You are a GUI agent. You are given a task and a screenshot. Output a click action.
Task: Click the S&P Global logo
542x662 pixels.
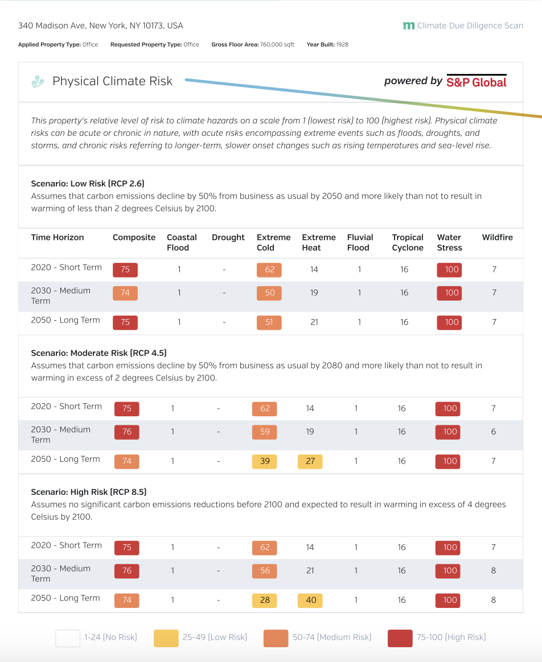coord(476,81)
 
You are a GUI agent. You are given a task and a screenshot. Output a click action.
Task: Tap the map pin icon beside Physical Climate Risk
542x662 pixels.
coord(38,82)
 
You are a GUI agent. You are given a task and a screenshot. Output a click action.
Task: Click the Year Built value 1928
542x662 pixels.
coord(342,44)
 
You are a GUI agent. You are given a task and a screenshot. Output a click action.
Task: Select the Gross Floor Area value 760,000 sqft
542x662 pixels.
coord(277,44)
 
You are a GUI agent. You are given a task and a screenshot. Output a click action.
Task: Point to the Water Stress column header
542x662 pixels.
coord(449,242)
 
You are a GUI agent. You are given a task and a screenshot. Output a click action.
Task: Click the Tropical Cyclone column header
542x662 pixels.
coord(408,242)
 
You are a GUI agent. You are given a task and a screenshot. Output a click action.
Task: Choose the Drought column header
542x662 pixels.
coord(228,238)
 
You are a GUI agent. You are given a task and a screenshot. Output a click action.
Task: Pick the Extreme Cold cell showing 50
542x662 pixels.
coord(269,293)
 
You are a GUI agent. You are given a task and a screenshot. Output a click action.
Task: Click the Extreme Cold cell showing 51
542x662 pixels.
coord(269,322)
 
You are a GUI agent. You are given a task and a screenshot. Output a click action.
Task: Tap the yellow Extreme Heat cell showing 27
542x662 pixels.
coord(310,461)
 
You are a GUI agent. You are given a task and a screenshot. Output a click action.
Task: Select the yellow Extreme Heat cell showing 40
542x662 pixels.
coord(310,600)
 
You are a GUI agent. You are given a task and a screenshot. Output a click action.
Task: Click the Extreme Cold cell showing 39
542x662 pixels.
coord(265,461)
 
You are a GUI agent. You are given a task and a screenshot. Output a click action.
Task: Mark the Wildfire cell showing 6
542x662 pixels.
coord(493,432)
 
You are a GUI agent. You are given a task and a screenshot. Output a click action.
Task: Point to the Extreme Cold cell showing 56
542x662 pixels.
coord(265,570)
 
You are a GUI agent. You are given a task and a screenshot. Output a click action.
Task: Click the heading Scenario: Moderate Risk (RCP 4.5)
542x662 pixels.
coord(98,353)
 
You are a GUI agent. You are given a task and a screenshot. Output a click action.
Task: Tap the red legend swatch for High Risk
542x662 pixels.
coord(400,638)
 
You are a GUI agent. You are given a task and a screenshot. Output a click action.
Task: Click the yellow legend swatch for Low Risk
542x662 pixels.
coord(166,638)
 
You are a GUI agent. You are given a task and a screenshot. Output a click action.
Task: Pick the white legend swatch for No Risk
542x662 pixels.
coord(67,638)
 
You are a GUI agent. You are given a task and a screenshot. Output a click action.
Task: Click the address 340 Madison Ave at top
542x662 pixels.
coord(101,26)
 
